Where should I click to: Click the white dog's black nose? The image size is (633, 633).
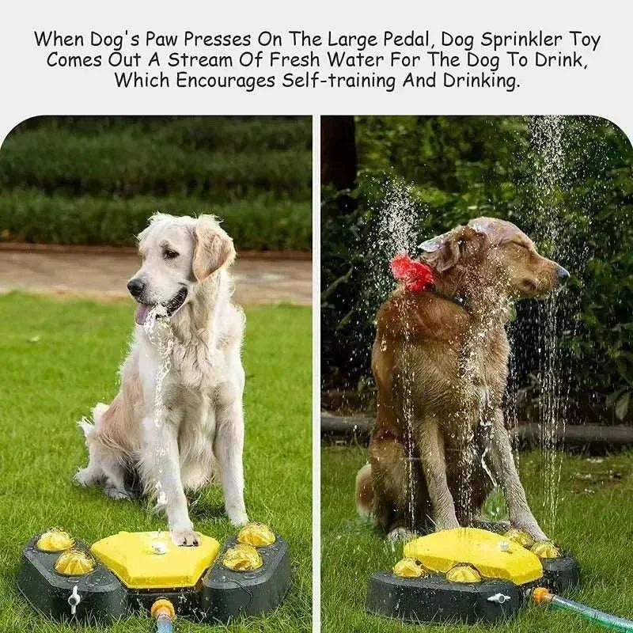(135, 286)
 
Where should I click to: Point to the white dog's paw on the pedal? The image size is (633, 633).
(185, 537)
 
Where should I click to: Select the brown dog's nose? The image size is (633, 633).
(562, 272)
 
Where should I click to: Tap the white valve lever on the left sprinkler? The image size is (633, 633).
(74, 599)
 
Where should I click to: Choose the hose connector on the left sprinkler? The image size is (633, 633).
(162, 610)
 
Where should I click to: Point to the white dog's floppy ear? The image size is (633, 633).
(211, 248)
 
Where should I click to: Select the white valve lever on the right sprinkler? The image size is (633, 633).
(498, 598)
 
